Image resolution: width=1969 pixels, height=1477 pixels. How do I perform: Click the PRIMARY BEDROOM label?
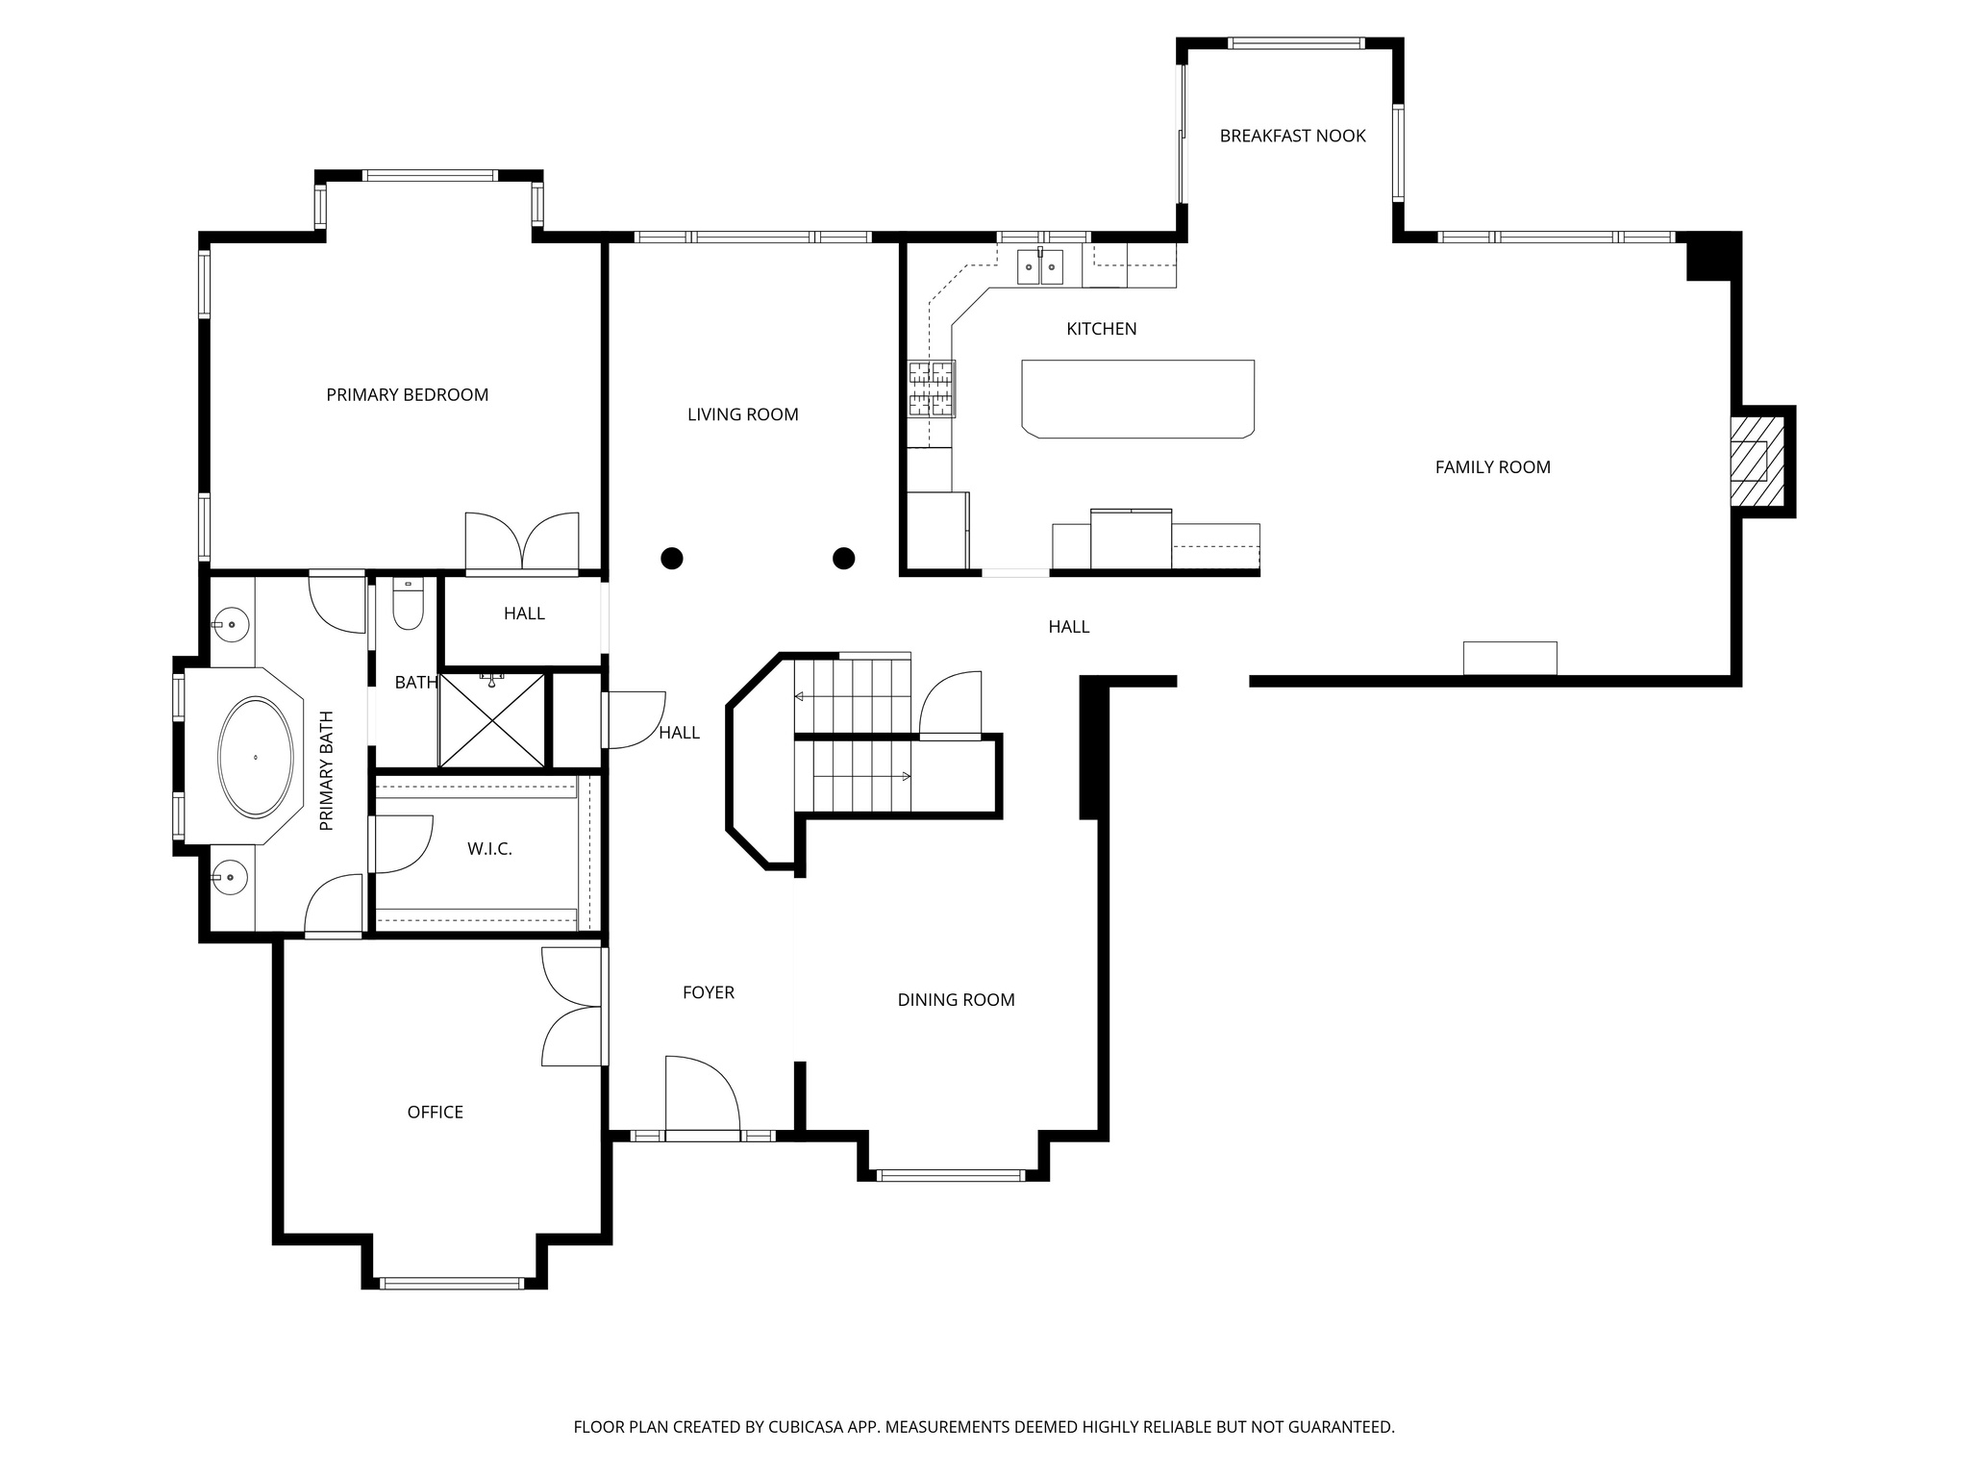407,395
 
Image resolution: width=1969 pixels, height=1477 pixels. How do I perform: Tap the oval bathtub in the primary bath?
256,758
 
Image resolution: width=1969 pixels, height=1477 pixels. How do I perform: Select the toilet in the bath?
409,606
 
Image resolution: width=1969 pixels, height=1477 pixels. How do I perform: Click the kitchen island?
1138,398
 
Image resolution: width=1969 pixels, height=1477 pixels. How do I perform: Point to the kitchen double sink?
1040,266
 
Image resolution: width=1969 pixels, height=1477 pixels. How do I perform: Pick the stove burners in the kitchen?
932,389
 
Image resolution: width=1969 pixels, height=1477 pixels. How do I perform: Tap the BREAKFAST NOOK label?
1292,137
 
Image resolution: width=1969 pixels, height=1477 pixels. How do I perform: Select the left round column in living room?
672,558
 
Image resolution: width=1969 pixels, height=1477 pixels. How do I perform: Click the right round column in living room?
844,558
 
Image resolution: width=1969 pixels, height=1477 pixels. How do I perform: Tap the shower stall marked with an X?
491,720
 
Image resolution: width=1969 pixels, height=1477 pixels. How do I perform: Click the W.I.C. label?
489,849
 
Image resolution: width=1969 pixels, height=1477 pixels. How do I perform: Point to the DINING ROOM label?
956,1000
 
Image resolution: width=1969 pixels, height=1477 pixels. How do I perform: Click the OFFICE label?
435,1113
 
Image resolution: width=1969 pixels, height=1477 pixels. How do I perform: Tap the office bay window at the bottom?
452,1283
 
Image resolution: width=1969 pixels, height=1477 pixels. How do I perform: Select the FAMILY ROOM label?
1492,467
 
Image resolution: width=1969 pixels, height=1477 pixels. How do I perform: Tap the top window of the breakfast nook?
1296,43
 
